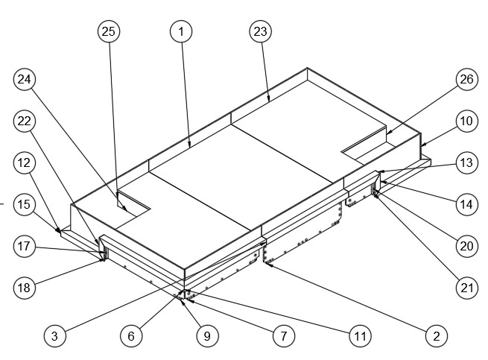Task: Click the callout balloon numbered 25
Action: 109,31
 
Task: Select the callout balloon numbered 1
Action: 181,31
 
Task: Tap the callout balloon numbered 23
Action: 260,31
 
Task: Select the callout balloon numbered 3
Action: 54,336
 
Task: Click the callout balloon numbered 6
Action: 131,336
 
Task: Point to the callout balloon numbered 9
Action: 208,336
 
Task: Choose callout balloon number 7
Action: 282,336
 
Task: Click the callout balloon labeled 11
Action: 360,336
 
